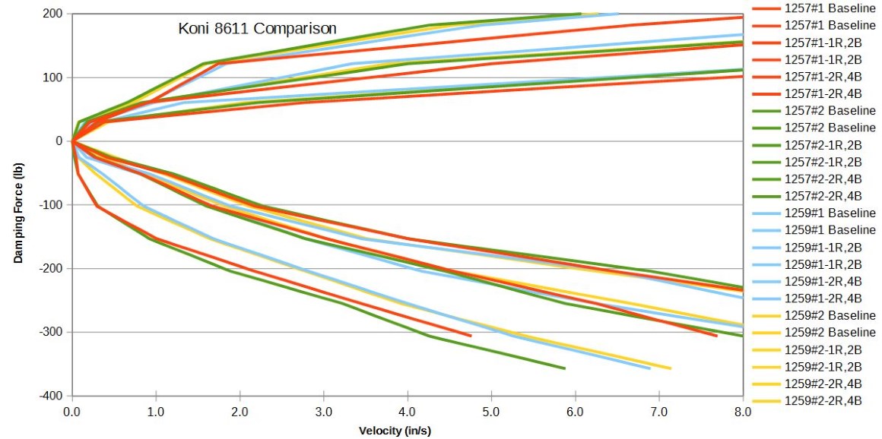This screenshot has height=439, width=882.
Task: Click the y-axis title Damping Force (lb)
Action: tap(17, 205)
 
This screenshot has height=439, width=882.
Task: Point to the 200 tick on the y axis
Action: tap(52, 14)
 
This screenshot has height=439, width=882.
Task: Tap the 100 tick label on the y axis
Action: tap(52, 77)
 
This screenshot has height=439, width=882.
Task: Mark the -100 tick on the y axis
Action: tap(51, 205)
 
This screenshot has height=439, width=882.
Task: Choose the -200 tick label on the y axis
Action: tap(51, 269)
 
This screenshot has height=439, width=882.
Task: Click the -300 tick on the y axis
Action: tap(51, 332)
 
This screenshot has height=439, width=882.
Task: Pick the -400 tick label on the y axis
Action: tap(51, 396)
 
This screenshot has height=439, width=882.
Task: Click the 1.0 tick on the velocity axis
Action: tap(156, 411)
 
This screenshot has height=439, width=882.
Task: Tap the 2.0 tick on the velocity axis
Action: tap(240, 411)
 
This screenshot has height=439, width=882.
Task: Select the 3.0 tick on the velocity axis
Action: tap(324, 411)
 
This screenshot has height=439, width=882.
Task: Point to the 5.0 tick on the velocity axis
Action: tap(491, 411)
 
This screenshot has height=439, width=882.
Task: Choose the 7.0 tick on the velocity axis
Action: tap(659, 411)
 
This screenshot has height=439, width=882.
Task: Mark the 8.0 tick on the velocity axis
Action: tap(743, 411)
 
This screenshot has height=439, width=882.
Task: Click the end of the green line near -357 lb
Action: tap(565, 368)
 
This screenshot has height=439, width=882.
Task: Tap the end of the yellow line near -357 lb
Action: tap(671, 368)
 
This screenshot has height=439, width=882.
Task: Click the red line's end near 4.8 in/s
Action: tap(471, 336)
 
